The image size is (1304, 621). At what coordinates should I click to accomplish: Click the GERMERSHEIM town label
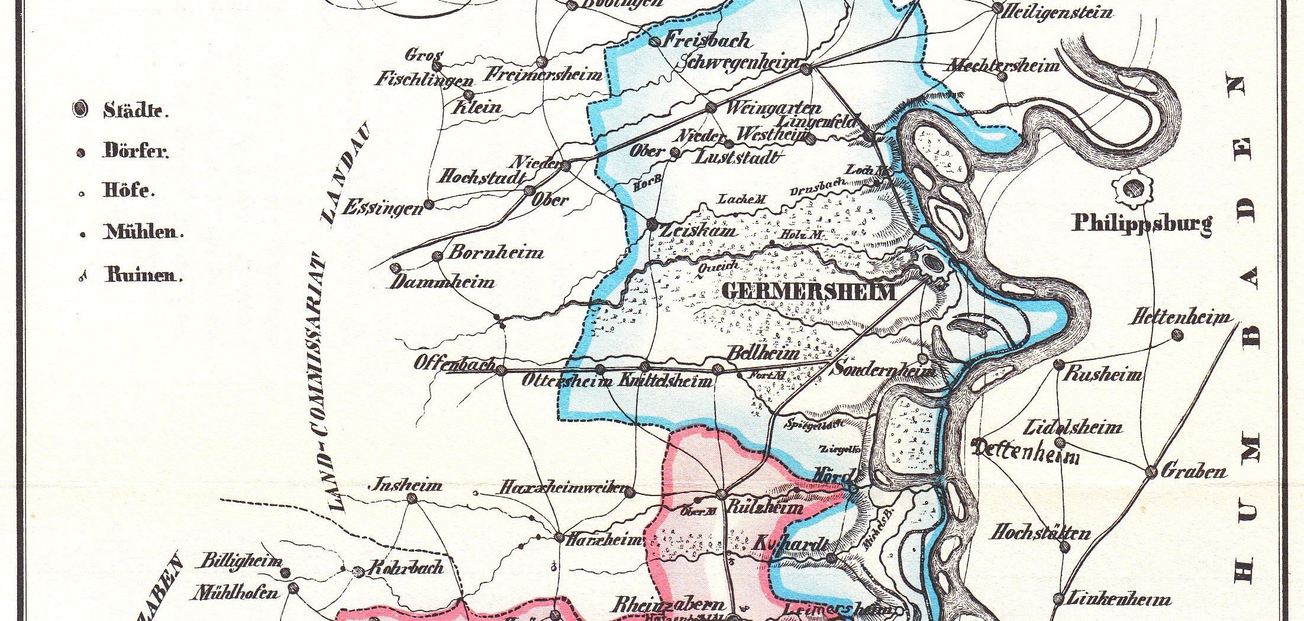808,292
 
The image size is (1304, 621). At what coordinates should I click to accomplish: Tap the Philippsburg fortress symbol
1133,189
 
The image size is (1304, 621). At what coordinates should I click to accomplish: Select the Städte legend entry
135,110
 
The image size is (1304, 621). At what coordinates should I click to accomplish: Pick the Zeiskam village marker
652,224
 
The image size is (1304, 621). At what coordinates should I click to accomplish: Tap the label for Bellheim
763,353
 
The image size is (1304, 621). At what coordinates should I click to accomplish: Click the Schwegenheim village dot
806,70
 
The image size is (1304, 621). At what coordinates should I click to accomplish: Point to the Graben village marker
1151,472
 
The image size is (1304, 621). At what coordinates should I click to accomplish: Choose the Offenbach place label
454,363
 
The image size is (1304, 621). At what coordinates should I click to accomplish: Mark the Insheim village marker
412,498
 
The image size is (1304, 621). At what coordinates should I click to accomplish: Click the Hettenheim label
1180,318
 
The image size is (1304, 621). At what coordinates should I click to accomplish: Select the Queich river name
718,268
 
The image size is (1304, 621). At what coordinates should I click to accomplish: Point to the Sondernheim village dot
922,359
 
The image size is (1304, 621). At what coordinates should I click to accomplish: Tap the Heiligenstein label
1055,12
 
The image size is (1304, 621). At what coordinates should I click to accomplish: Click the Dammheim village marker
395,268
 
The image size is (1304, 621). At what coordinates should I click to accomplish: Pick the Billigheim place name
241,561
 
